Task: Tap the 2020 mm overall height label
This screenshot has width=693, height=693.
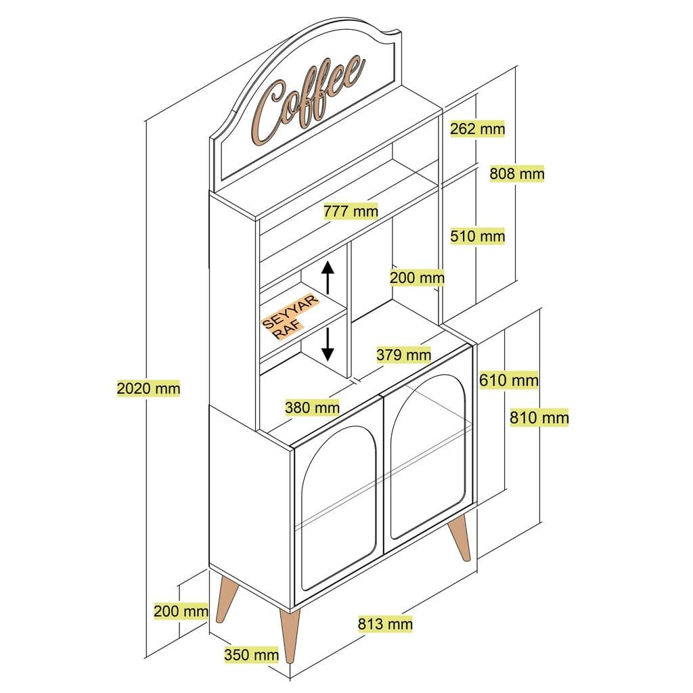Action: pyautogui.click(x=148, y=388)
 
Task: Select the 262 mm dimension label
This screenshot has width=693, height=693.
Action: pyautogui.click(x=478, y=129)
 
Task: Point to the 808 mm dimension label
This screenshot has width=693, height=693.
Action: pyautogui.click(x=517, y=174)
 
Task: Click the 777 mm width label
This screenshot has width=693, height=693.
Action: pyautogui.click(x=351, y=211)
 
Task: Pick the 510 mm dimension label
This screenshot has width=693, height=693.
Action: pyautogui.click(x=478, y=236)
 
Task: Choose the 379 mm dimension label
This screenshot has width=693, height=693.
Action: pyautogui.click(x=404, y=354)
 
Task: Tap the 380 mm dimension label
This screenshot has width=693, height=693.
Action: pyautogui.click(x=312, y=407)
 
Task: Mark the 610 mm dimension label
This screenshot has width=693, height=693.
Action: pyautogui.click(x=509, y=380)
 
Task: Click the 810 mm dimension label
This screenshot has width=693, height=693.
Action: pyautogui.click(x=539, y=418)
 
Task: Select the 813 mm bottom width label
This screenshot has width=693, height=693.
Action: pyautogui.click(x=384, y=624)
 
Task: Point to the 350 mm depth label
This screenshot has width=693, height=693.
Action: pyautogui.click(x=251, y=654)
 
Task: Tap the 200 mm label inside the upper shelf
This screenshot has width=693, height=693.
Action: pyautogui.click(x=417, y=277)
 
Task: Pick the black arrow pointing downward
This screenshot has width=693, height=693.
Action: pyautogui.click(x=328, y=343)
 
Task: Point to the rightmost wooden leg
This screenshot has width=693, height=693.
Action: pyautogui.click(x=462, y=539)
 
